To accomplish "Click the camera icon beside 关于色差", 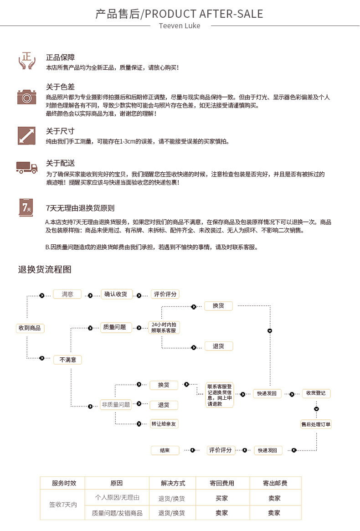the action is click(x=27, y=97).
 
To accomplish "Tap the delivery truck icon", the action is click(x=27, y=167).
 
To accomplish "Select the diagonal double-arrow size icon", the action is click(x=27, y=135).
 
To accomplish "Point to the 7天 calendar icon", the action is click(x=26, y=207).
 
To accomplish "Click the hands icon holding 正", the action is click(x=27, y=61).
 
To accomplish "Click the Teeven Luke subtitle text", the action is click(x=180, y=26).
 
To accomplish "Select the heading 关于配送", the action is click(x=60, y=163).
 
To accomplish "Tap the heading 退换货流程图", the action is click(x=45, y=269).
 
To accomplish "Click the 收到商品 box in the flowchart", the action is click(x=30, y=328).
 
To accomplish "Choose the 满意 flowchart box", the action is click(x=67, y=294).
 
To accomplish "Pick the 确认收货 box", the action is click(x=116, y=294).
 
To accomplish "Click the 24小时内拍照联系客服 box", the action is click(x=164, y=327).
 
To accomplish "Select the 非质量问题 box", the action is click(x=116, y=405).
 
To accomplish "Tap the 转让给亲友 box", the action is click(x=164, y=423).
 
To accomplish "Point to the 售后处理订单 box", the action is click(x=316, y=424).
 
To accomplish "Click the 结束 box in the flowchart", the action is click(x=165, y=450).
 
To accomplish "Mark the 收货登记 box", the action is click(x=316, y=393).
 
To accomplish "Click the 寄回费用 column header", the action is click(x=222, y=483).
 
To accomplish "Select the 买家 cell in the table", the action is click(x=222, y=498).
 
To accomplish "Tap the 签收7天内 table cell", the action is click(x=63, y=505).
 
